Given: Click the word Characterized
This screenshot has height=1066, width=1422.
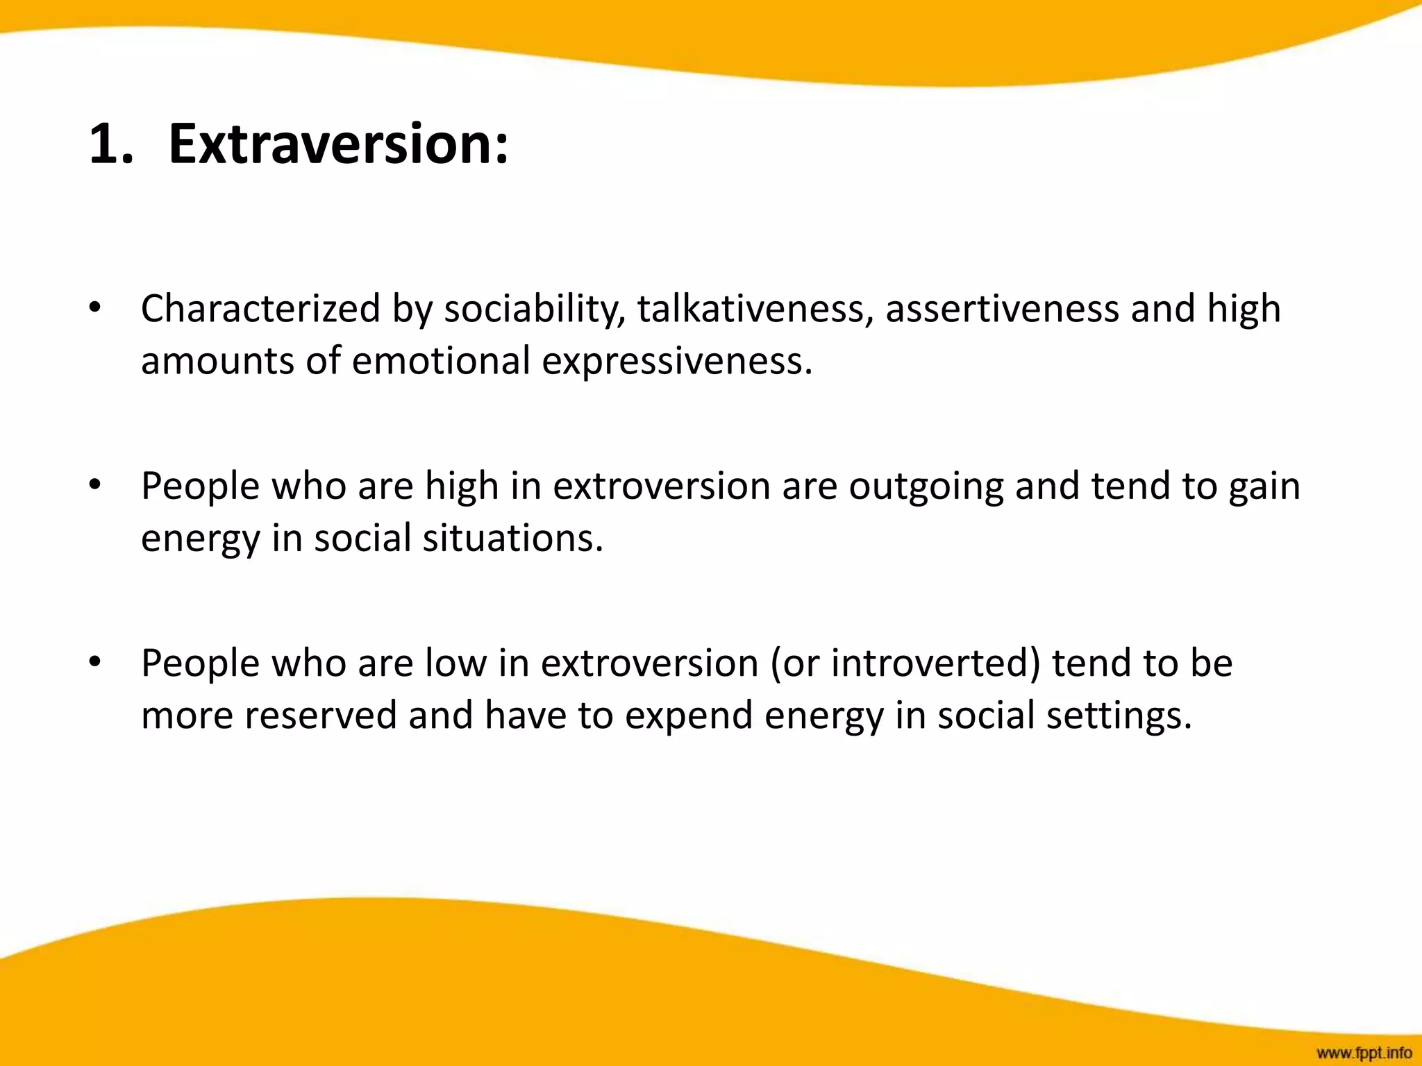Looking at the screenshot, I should (260, 309).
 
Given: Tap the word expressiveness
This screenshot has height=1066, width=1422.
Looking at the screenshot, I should (677, 361).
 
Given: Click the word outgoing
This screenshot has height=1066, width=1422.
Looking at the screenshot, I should (926, 486).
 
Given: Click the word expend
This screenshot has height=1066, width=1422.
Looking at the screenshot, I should (688, 716).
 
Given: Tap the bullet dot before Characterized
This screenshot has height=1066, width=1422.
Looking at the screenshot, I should (95, 307).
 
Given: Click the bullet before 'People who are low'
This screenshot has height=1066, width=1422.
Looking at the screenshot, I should (95, 661).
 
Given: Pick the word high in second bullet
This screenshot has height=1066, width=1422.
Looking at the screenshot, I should (462, 486).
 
